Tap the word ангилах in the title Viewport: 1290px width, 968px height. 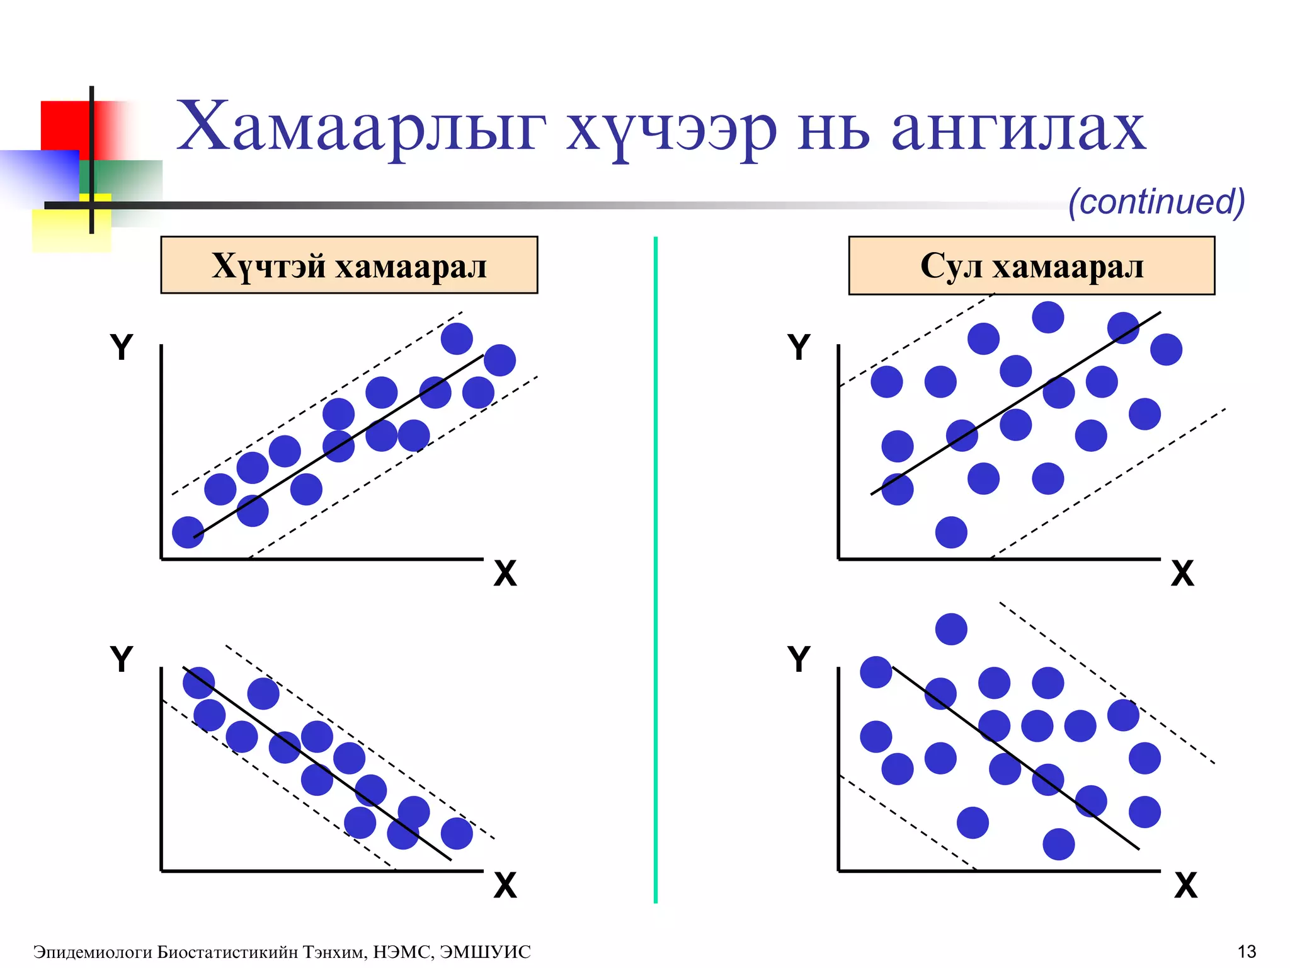pyautogui.click(x=1018, y=127)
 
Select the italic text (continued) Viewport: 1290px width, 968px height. pyautogui.click(x=1156, y=202)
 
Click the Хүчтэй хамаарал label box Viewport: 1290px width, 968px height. pyautogui.click(x=349, y=265)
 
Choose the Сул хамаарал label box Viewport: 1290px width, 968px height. pyautogui.click(x=1031, y=265)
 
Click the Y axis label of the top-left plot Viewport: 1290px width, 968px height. pyautogui.click(x=122, y=347)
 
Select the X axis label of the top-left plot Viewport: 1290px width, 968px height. pyautogui.click(x=505, y=574)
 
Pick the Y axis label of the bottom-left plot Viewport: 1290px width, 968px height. pyautogui.click(x=122, y=659)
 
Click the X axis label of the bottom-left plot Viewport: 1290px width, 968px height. pyautogui.click(x=505, y=885)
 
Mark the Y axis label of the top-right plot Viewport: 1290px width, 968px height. pyautogui.click(x=799, y=347)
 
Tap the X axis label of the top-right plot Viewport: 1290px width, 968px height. pyautogui.click(x=1182, y=574)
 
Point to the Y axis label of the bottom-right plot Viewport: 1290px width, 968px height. pyautogui.click(x=799, y=659)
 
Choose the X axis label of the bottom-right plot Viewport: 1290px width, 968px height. pyautogui.click(x=1185, y=885)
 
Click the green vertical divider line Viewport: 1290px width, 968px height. pyautogui.click(x=656, y=567)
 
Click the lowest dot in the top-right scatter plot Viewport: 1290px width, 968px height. pyautogui.click(x=951, y=533)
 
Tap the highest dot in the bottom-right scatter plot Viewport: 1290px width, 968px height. pyautogui.click(x=951, y=629)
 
